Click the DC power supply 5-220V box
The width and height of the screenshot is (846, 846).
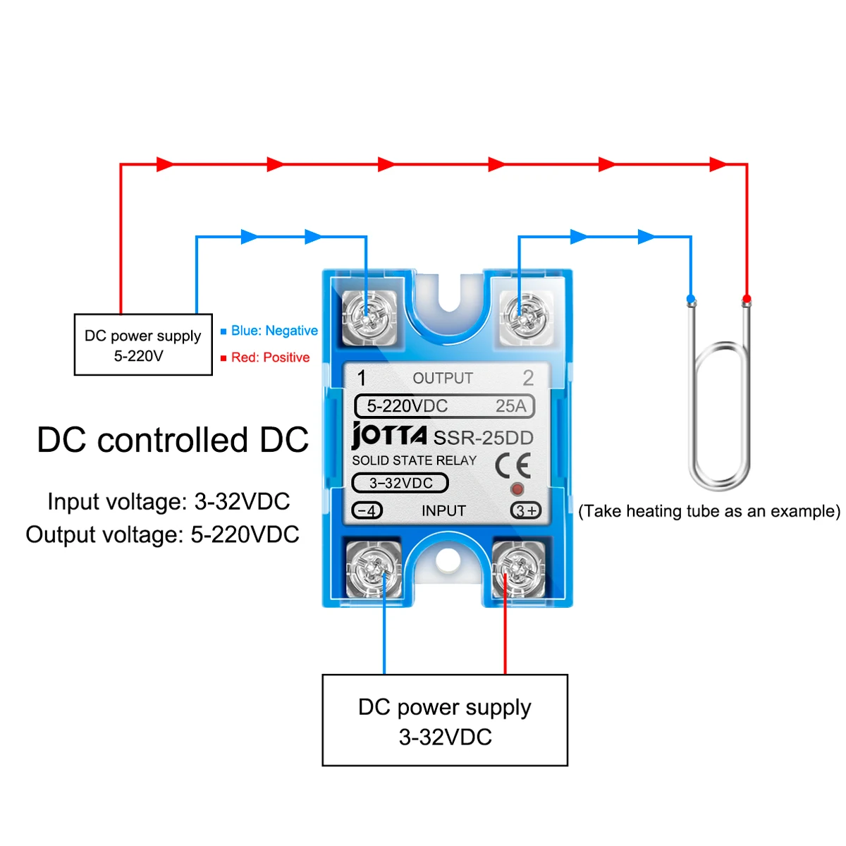click(143, 345)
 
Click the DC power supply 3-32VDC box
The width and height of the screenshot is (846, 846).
click(445, 721)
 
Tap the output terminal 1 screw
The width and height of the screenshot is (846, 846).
click(368, 319)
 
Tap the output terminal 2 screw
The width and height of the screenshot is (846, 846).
click(524, 319)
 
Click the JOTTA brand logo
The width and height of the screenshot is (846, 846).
click(389, 435)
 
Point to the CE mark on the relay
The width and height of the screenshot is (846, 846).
click(513, 465)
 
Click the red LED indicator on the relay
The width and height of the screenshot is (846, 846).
click(517, 489)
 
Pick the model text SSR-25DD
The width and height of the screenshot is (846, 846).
click(483, 438)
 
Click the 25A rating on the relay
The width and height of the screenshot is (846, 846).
click(510, 406)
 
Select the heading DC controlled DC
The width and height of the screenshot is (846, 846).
click(173, 440)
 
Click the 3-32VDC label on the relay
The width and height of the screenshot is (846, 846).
click(400, 483)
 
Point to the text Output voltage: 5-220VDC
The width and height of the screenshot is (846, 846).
click(163, 534)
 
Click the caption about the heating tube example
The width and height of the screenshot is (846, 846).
click(709, 511)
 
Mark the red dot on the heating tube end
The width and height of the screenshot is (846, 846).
click(747, 298)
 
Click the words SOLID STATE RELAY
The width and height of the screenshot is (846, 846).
click(415, 460)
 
